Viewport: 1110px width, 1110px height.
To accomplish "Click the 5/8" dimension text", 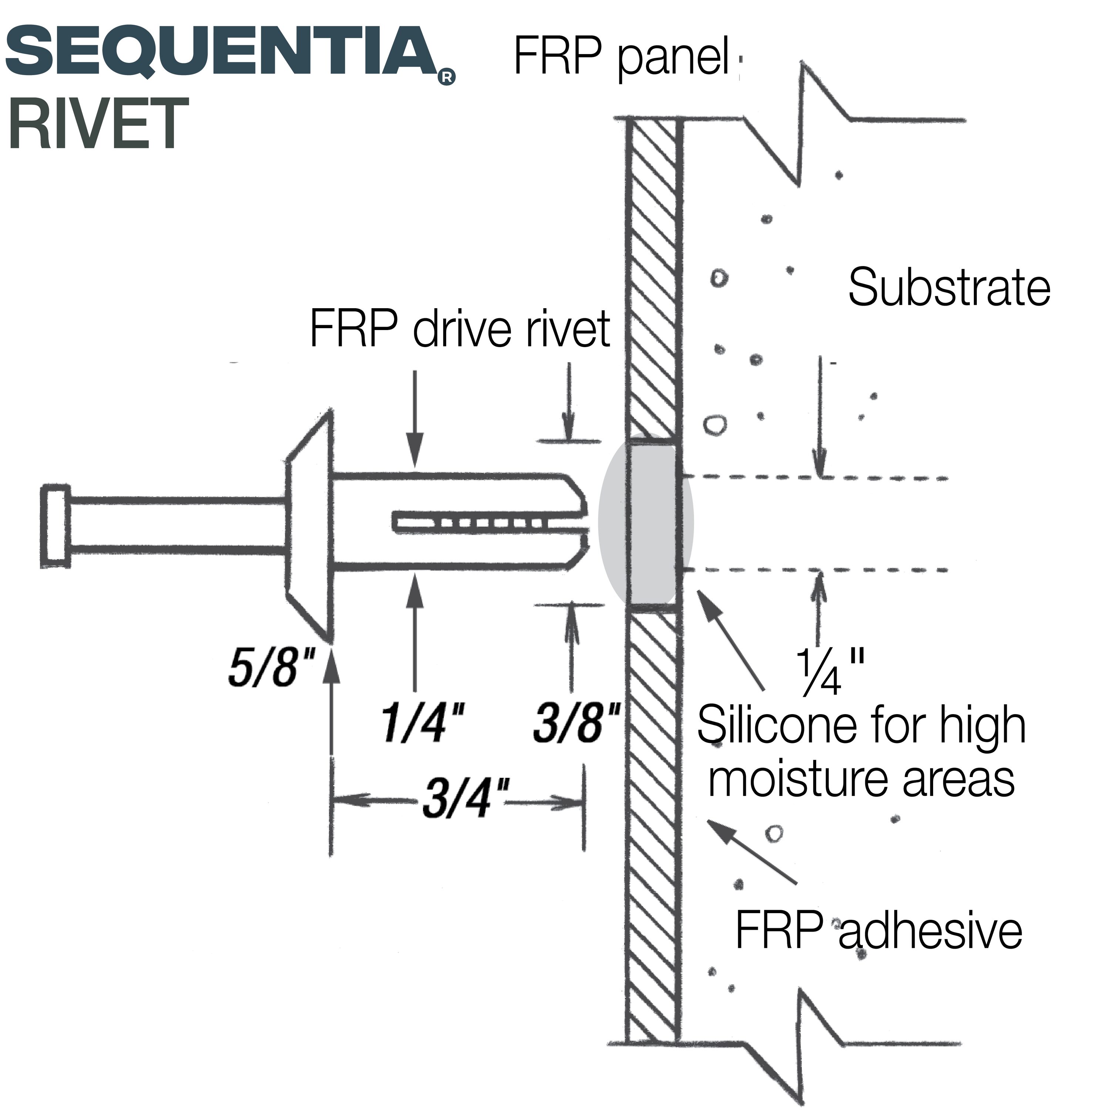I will coord(272,668).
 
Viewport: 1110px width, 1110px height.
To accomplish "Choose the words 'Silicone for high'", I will coord(862,726).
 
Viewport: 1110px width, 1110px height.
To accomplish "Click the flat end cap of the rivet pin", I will coord(56,527).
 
